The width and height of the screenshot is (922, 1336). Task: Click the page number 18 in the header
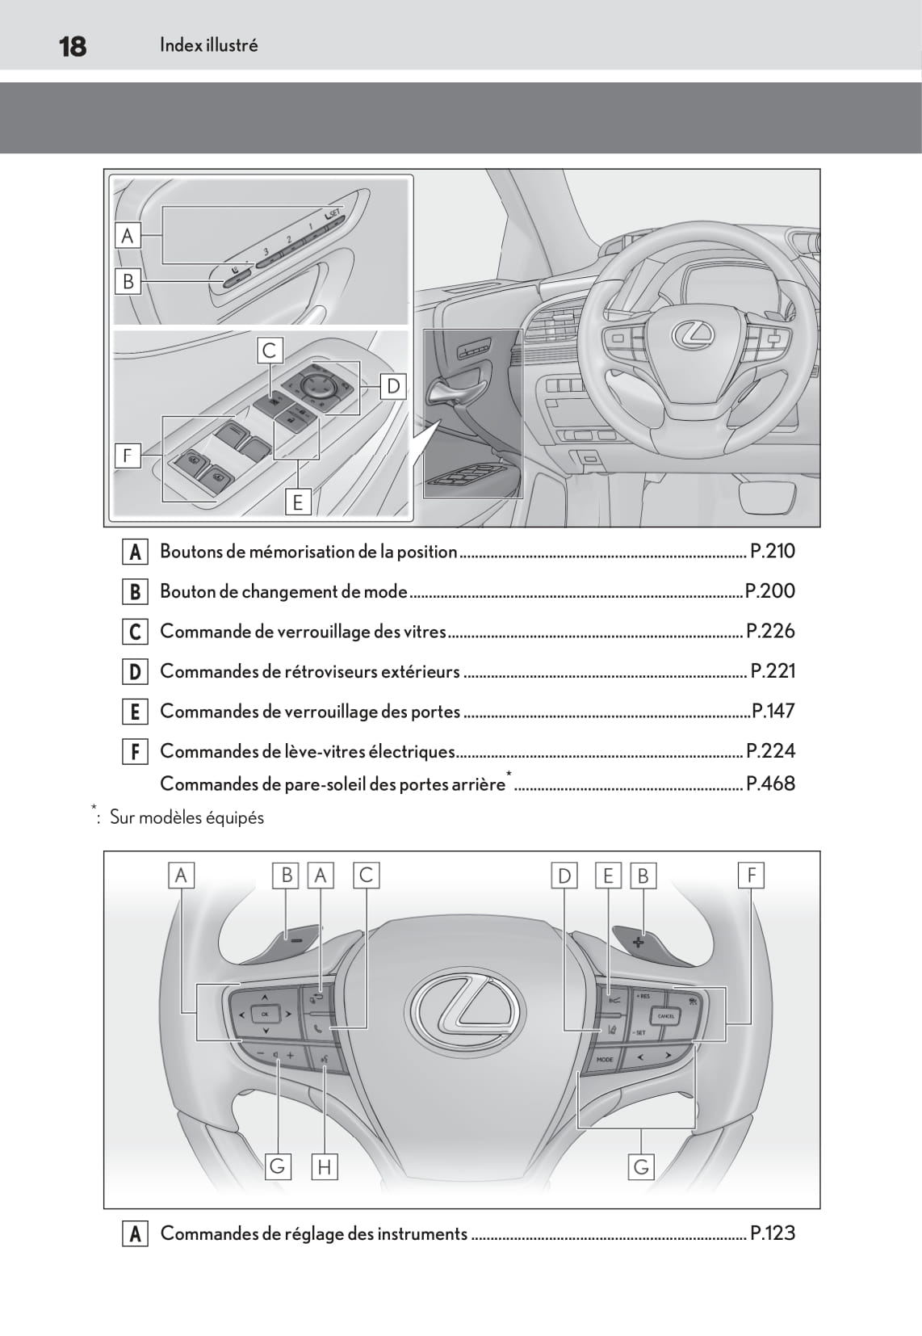[73, 46]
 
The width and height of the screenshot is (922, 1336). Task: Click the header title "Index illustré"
[208, 45]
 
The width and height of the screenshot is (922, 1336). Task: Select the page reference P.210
[773, 551]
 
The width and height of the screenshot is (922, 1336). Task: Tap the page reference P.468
[771, 784]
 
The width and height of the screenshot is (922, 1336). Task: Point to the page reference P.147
[773, 711]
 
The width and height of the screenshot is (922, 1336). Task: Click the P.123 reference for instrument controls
[773, 1233]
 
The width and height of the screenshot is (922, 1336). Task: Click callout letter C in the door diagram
[269, 351]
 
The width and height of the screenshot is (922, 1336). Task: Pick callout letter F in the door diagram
[127, 456]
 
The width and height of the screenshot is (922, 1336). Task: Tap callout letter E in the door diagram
[297, 502]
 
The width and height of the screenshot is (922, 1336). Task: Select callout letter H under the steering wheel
[324, 1166]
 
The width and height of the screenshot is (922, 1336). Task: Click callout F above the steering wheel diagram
[751, 875]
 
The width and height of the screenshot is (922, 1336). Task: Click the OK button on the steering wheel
[264, 1014]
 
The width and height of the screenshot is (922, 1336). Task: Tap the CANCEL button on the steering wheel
[666, 1016]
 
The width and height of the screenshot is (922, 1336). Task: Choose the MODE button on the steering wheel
[605, 1059]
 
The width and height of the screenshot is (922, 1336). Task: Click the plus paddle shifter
[639, 942]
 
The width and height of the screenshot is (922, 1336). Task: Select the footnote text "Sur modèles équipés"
[186, 817]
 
